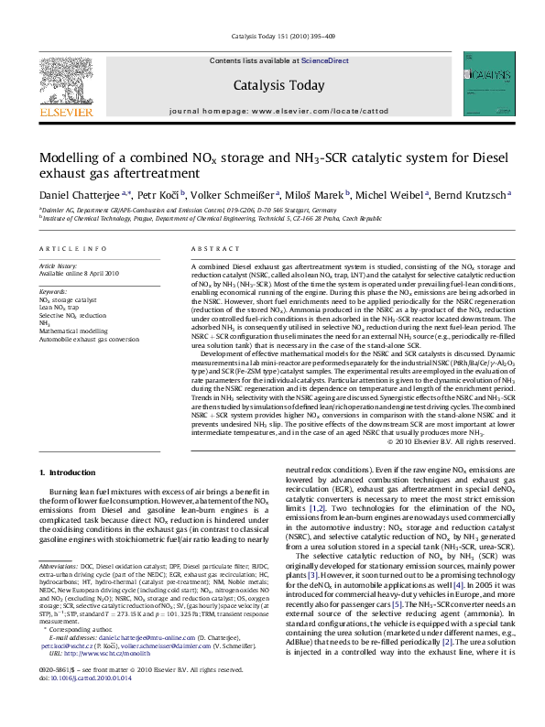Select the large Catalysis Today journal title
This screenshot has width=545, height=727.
279,86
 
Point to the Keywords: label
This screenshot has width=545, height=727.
53,290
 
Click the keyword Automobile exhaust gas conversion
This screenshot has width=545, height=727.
89,339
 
